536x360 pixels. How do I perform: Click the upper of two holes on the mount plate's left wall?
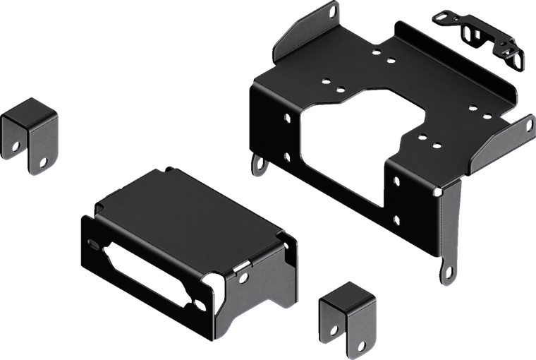point(285,119)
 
